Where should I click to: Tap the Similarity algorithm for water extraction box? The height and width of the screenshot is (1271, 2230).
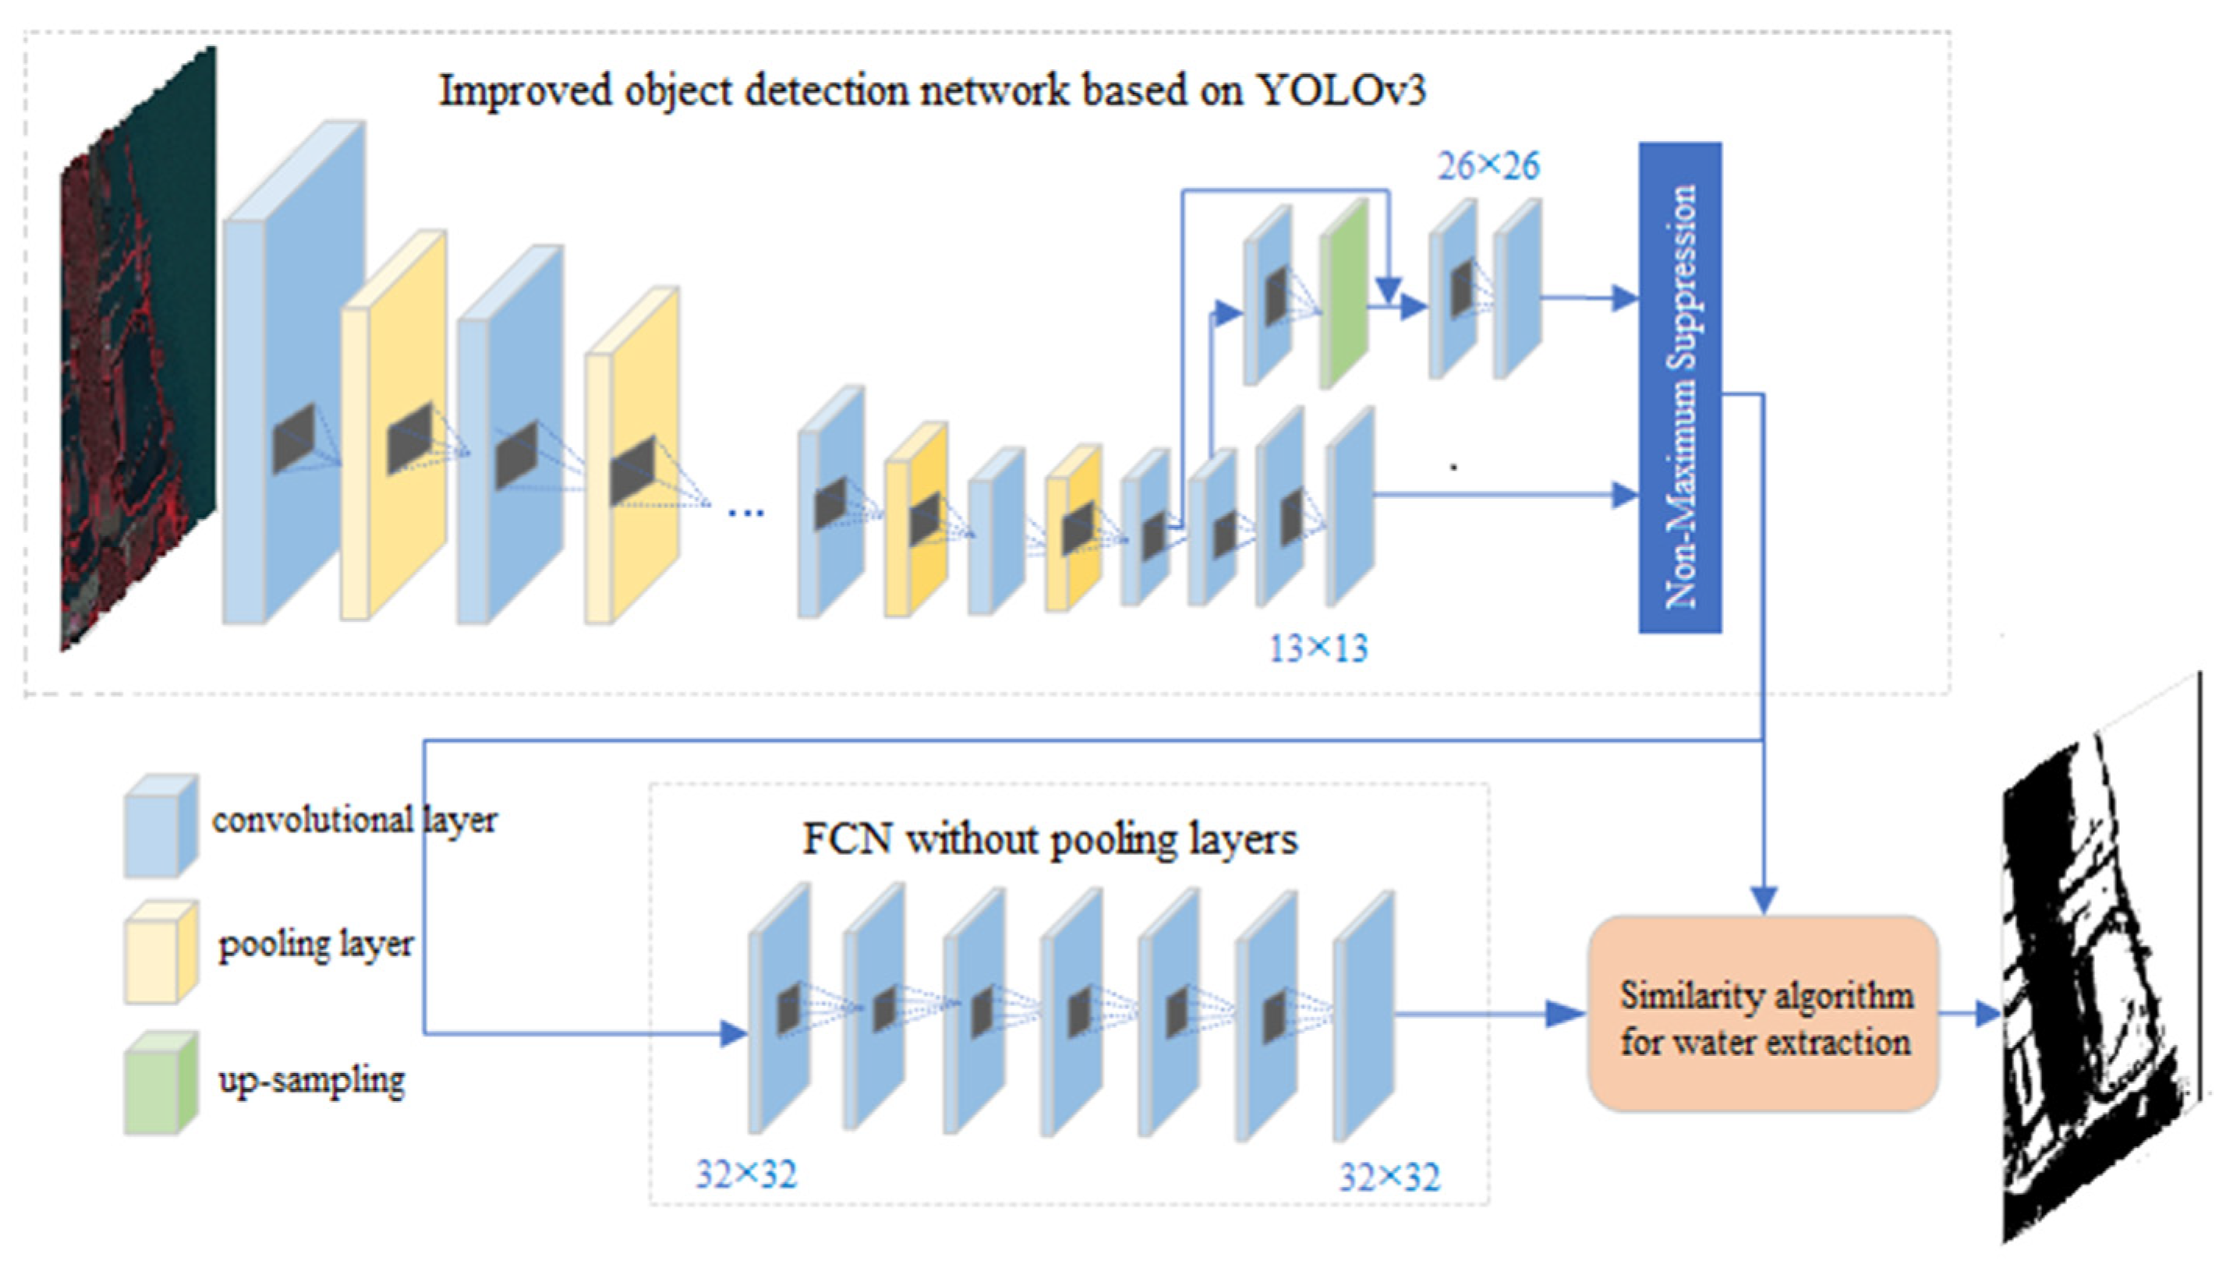(1763, 1014)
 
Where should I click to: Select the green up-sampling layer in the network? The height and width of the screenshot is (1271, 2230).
(1343, 293)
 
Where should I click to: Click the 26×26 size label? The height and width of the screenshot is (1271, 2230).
(1488, 166)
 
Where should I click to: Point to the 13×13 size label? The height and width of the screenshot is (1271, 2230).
(1319, 648)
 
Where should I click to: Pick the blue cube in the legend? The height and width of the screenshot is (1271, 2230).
(161, 826)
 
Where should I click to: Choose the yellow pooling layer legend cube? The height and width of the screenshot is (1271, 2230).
(161, 952)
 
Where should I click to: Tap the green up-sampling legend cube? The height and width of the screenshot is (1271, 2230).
(161, 1082)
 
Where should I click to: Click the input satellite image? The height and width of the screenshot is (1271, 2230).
(138, 349)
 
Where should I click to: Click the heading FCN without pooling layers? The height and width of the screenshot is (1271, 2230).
(1050, 840)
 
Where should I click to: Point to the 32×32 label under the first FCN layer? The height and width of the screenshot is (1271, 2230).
(746, 1175)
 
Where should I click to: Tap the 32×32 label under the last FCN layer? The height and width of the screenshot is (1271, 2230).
(1390, 1177)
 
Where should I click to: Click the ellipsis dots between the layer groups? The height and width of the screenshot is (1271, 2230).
(745, 514)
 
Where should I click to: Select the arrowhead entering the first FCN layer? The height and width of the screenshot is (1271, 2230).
(734, 1034)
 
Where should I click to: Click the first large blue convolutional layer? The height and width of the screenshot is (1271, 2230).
(293, 372)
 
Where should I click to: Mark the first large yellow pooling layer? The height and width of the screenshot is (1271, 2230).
(394, 425)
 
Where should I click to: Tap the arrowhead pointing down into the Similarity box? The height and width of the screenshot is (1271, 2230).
(1765, 900)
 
